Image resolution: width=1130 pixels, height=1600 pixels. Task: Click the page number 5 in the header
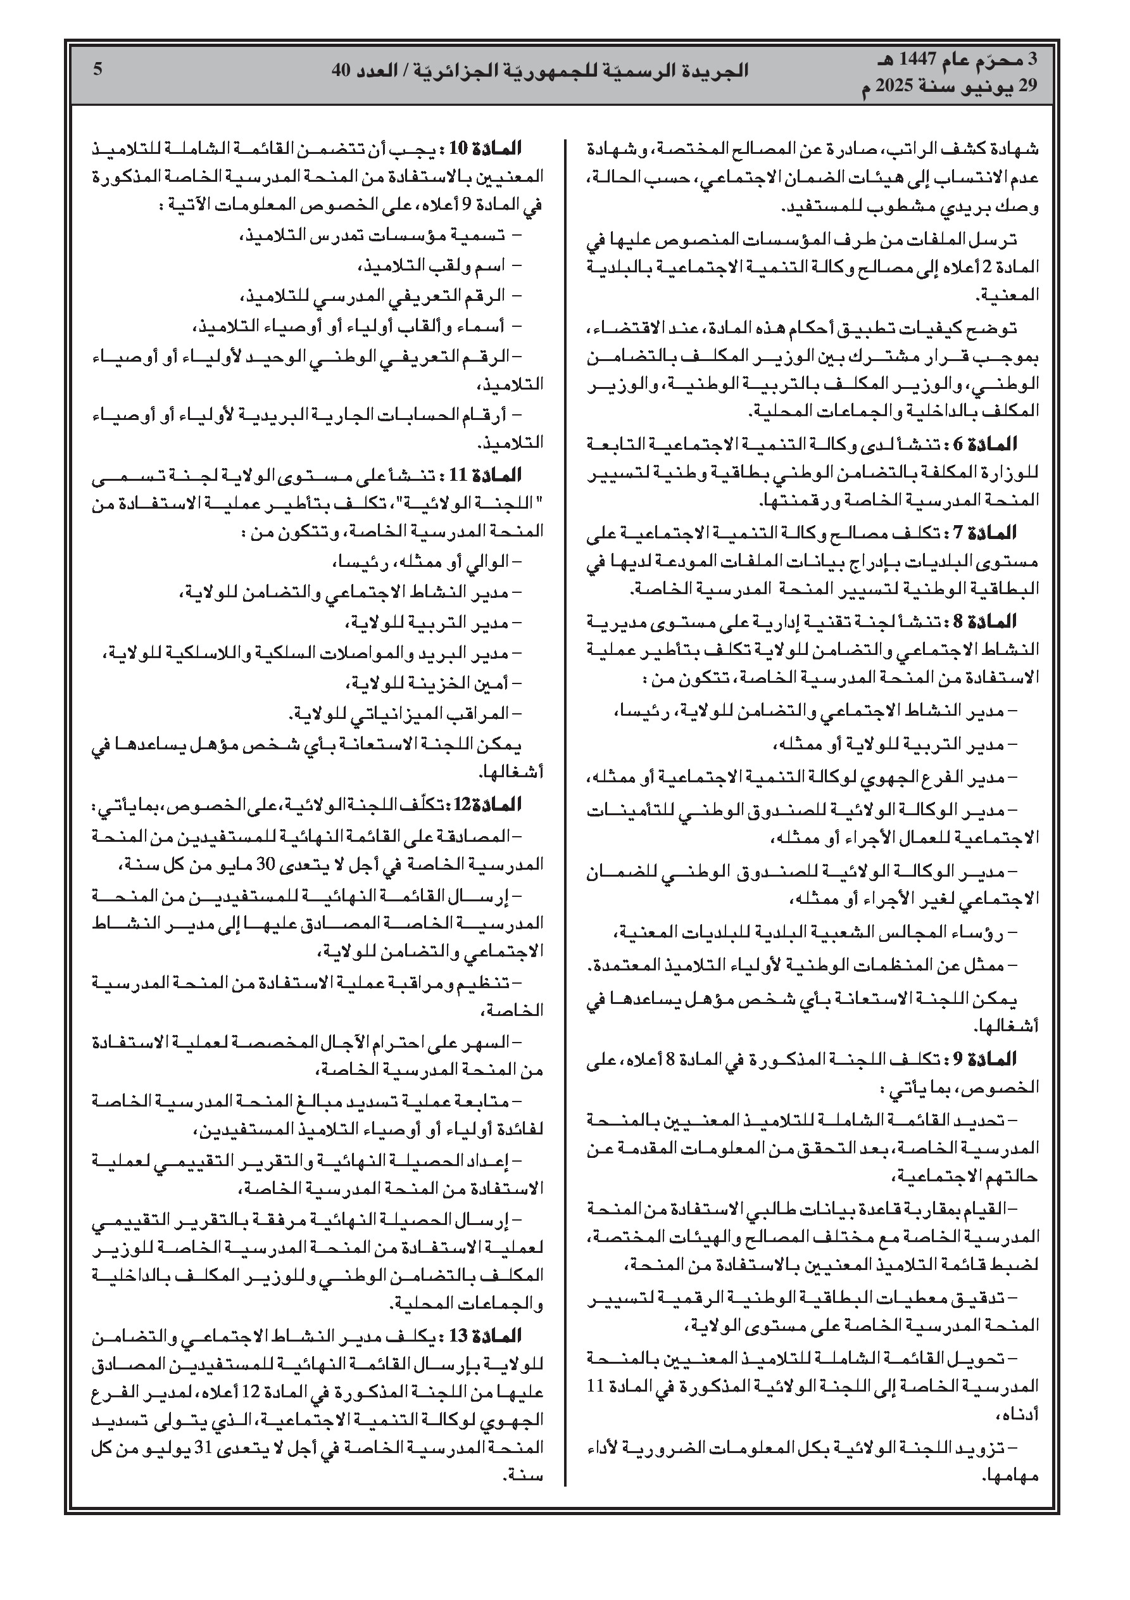[98, 69]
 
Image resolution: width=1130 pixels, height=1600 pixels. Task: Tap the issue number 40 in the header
[341, 70]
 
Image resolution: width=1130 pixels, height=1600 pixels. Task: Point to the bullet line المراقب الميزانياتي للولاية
[404, 714]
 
